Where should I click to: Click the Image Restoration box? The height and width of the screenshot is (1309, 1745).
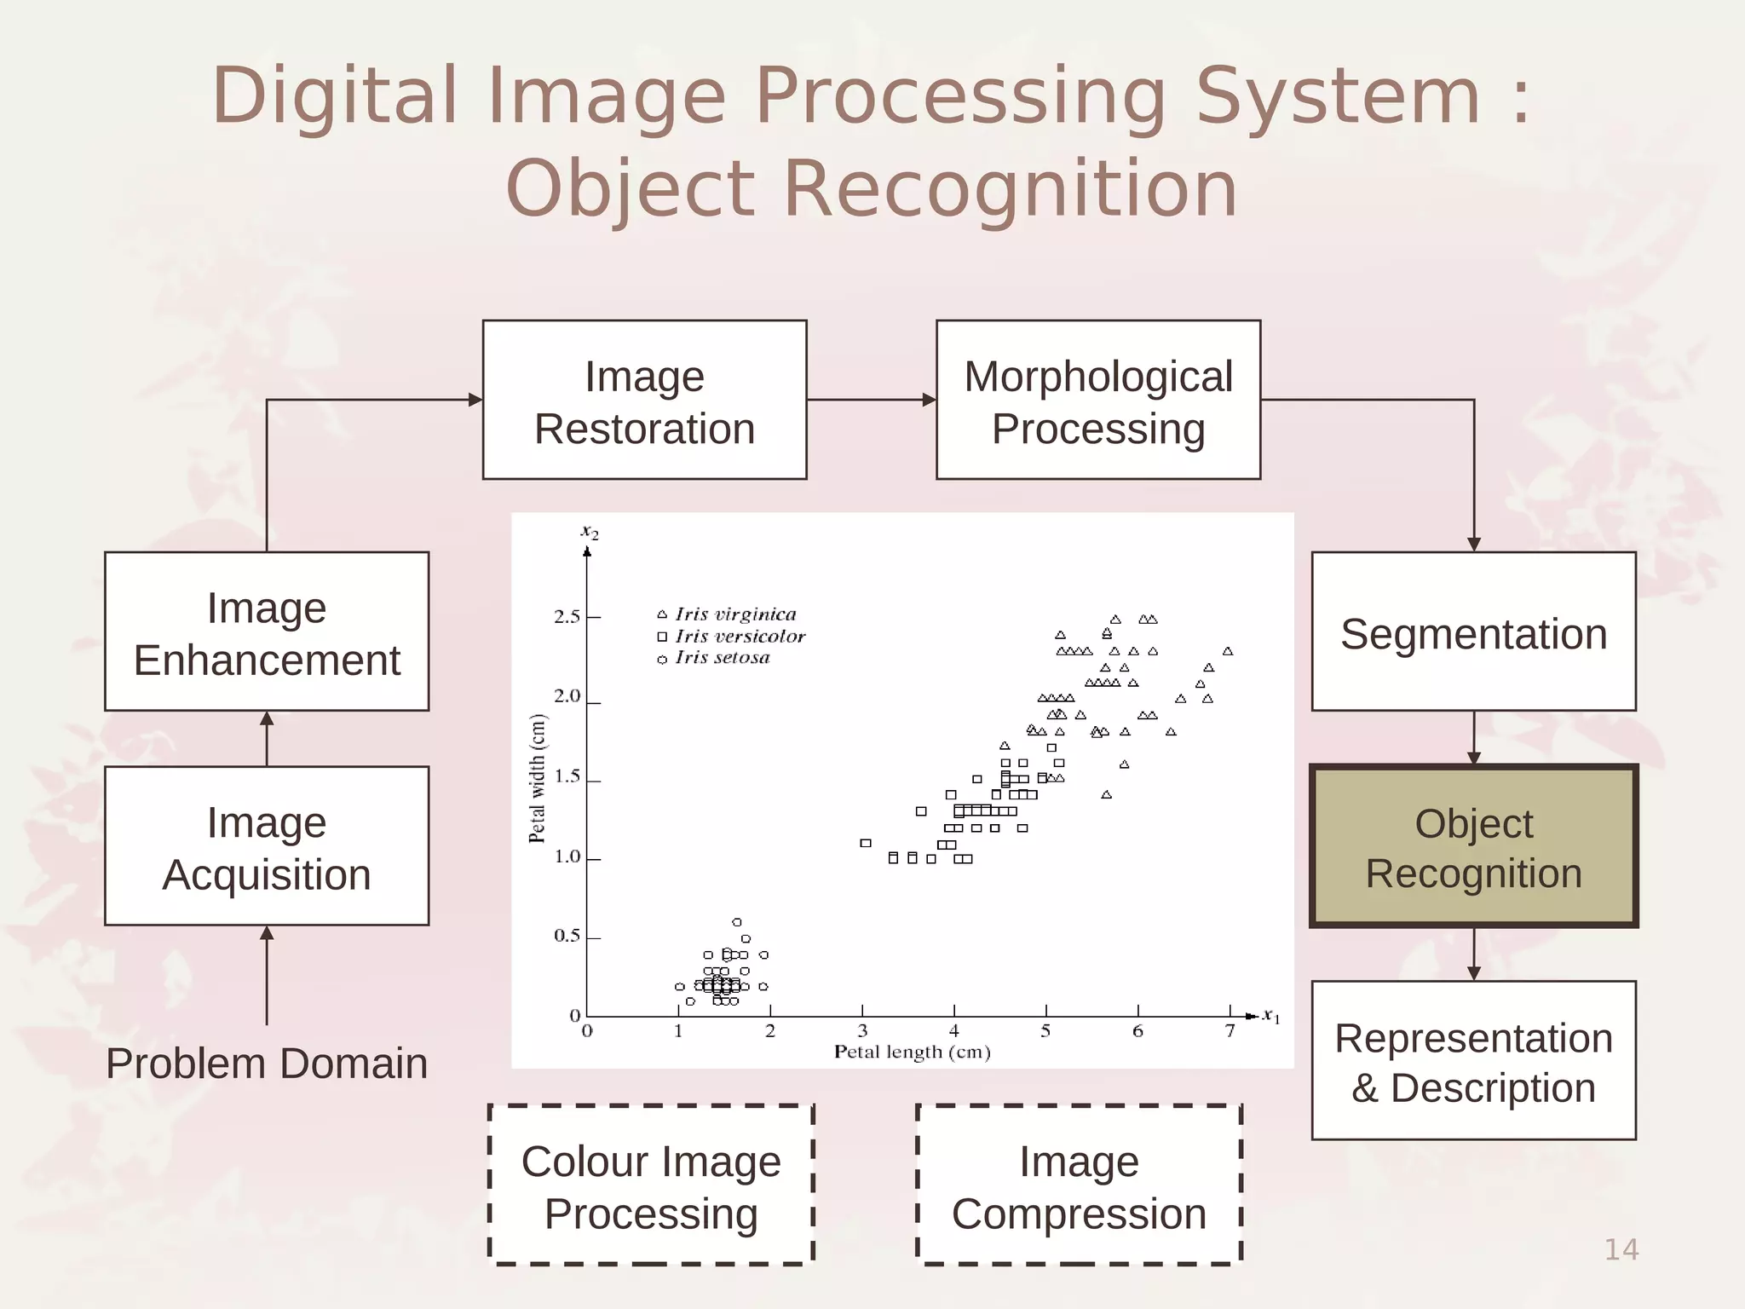644,400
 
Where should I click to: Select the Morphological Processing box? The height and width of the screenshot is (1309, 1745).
1097,400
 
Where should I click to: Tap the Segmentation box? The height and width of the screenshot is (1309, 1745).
1473,631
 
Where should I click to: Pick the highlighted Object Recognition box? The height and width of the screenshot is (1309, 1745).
1473,846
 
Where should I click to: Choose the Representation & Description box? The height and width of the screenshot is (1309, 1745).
1473,1060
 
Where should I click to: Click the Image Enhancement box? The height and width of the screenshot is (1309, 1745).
267,631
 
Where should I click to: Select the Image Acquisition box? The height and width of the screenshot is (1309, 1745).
267,846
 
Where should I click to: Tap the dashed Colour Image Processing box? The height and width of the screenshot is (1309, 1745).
651,1185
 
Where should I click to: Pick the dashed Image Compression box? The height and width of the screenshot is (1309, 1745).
1079,1185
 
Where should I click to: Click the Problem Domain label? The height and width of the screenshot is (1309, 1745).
267,1063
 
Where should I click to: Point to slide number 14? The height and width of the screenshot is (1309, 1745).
1621,1249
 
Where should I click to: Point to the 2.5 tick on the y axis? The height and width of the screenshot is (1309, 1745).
567,616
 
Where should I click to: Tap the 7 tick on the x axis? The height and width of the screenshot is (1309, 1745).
1230,1030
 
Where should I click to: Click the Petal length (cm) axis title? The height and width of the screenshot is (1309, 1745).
912,1052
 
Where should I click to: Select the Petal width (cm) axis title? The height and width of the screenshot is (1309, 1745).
537,778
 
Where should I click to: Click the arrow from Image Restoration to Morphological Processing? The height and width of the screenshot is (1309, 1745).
871,400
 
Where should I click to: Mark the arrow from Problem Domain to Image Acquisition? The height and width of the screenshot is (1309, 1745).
267,976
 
